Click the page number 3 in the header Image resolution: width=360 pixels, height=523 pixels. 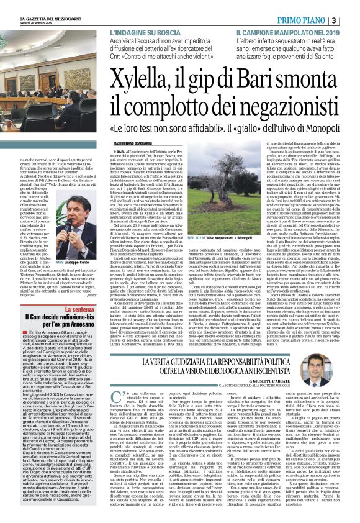[x=351, y=21]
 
